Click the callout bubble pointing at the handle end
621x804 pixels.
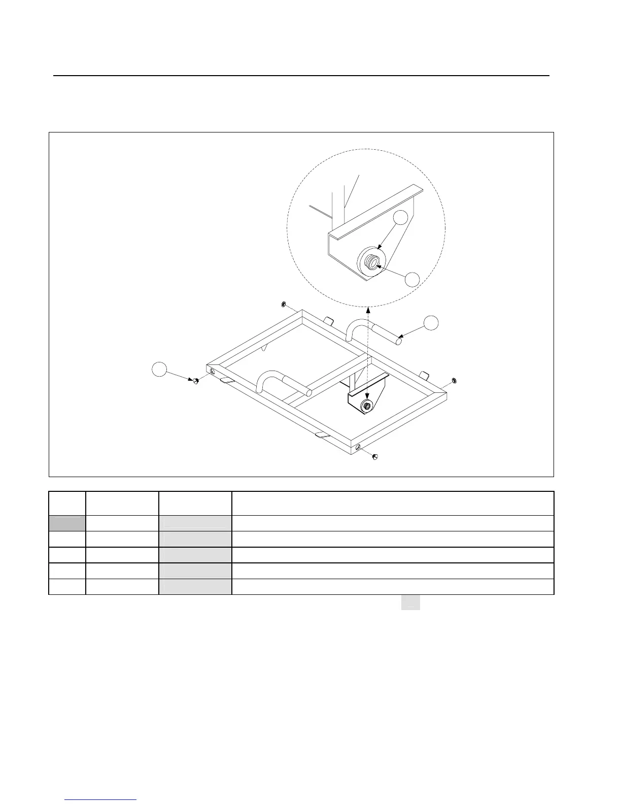click(431, 323)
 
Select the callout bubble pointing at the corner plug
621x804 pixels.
click(160, 370)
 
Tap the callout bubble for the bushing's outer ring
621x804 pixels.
click(401, 217)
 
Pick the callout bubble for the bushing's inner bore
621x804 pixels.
click(413, 279)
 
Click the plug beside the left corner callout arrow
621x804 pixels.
click(194, 381)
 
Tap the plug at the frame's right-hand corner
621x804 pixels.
click(454, 380)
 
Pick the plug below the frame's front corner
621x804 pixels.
click(375, 457)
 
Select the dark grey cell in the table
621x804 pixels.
click(67, 523)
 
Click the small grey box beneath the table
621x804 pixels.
click(411, 602)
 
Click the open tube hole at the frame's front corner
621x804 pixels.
click(359, 447)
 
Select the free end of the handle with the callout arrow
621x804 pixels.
click(399, 341)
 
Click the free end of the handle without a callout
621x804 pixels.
click(308, 392)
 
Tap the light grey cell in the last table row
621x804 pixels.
click(195, 586)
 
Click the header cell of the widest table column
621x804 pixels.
click(392, 503)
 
